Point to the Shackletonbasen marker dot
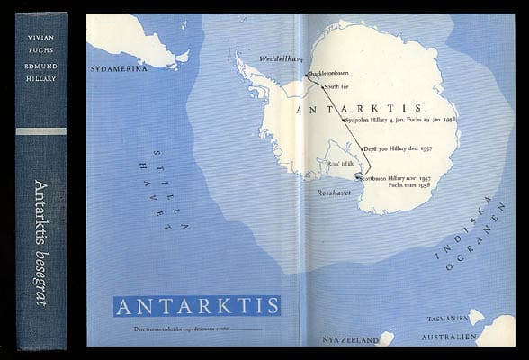coord(307,74)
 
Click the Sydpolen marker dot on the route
coord(343,119)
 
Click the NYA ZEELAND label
coord(347,337)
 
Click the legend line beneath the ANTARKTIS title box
coord(193,330)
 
